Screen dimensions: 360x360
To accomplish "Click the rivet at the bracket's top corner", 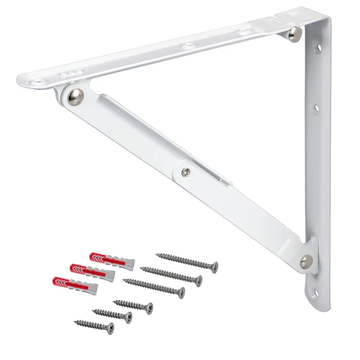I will pos(294,35).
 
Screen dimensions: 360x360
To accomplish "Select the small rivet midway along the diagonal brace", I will pos(186,172).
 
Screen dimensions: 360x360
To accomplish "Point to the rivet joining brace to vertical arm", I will pos(307,260).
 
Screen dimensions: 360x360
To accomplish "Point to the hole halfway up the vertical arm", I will pos(316,107).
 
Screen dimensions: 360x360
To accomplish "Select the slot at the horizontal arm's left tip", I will pos(40,80).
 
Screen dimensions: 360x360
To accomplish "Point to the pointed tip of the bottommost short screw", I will pos(74,322).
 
